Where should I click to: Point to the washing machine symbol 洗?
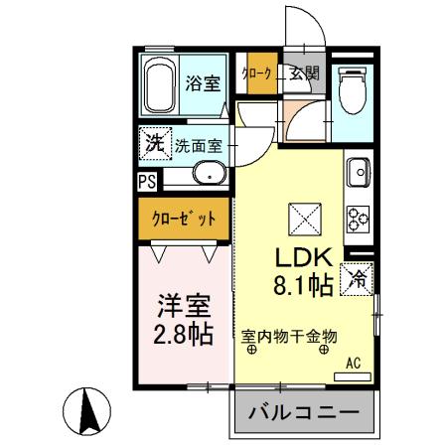click(x=155, y=142)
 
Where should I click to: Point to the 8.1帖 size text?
click(x=303, y=288)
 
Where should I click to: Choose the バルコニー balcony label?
click(x=307, y=411)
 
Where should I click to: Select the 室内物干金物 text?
click(x=291, y=337)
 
